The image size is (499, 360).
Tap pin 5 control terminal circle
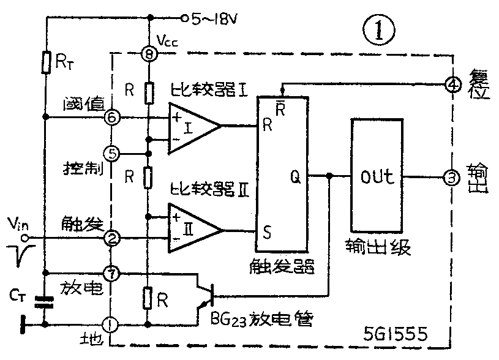pos(111,152)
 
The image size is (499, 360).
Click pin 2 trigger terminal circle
pos(111,237)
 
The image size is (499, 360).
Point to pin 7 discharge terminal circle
pos(111,272)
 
